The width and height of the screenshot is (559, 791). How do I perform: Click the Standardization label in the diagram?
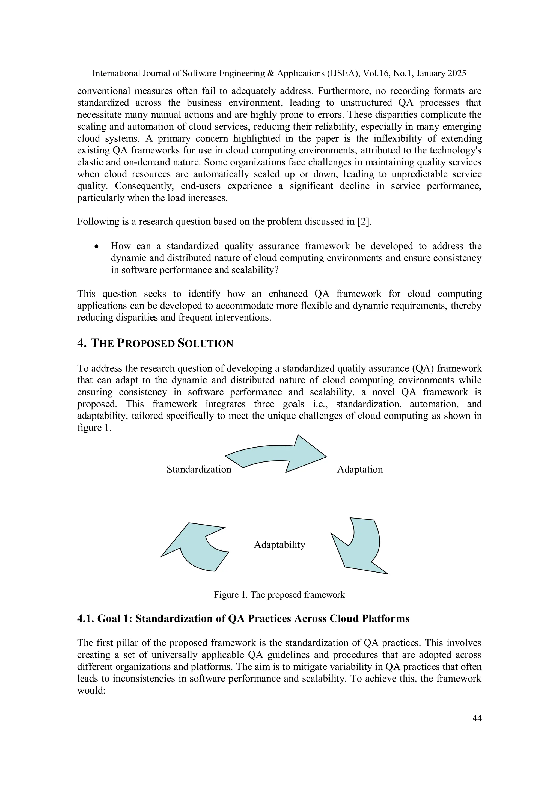199,469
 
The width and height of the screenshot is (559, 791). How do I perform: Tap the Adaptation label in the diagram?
359,469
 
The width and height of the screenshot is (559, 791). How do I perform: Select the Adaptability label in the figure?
279,545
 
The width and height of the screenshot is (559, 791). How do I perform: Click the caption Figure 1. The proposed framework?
279,595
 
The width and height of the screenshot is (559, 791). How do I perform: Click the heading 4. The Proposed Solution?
155,343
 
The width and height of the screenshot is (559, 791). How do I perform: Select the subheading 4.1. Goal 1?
243,619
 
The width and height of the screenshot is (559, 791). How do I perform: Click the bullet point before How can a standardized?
97,247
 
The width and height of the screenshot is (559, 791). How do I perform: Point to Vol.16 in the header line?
374,73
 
